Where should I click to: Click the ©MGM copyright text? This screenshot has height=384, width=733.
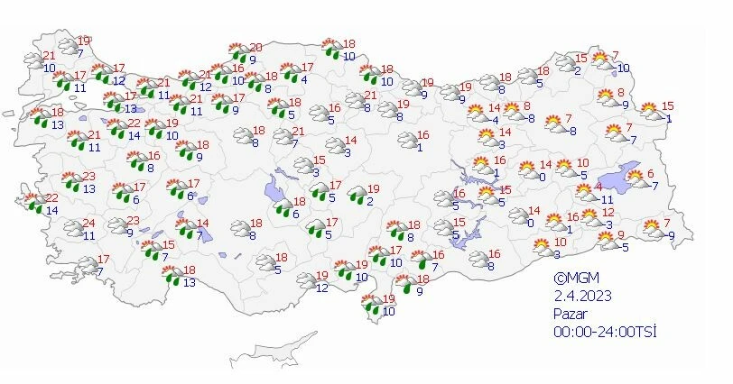pyautogui.click(x=575, y=279)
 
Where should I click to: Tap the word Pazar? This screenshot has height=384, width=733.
pyautogui.click(x=571, y=313)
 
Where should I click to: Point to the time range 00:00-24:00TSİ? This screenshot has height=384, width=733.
pyautogui.click(x=605, y=332)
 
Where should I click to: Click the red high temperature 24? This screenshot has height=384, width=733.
pyautogui.click(x=88, y=224)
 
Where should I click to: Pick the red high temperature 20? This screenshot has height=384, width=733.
pyautogui.click(x=255, y=48)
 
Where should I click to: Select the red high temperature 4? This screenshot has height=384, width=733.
pyautogui.click(x=598, y=187)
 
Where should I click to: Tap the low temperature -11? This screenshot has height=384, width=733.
pyautogui.click(x=606, y=199)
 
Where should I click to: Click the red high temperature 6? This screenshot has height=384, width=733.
pyautogui.click(x=650, y=173)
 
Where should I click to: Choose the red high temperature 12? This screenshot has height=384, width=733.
pyautogui.click(x=608, y=213)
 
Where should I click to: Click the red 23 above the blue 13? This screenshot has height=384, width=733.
pyautogui.click(x=88, y=177)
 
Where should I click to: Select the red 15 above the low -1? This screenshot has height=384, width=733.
pyautogui.click(x=667, y=106)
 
